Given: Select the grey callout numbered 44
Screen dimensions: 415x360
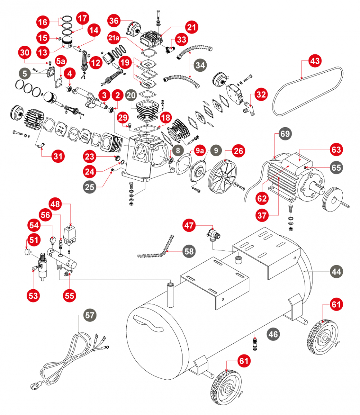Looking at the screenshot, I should click(337, 271).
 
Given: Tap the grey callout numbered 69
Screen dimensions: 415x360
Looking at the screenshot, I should click(284, 134).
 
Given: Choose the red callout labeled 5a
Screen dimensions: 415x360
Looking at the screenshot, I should click(60, 61).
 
